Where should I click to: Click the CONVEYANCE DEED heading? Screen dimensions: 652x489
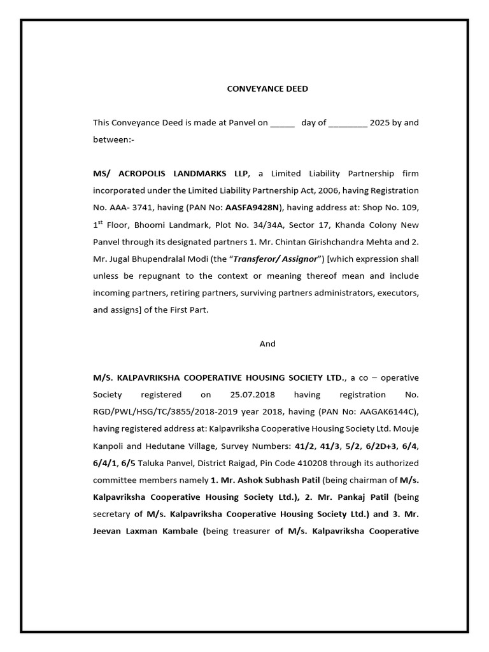pyautogui.click(x=267, y=89)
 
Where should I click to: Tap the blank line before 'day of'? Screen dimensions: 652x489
pyautogui.click(x=282, y=124)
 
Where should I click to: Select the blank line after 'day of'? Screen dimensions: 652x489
pyautogui.click(x=348, y=124)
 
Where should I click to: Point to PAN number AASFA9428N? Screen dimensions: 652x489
pyautogui.click(x=255, y=207)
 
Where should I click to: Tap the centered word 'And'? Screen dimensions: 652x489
pyautogui.click(x=267, y=344)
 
